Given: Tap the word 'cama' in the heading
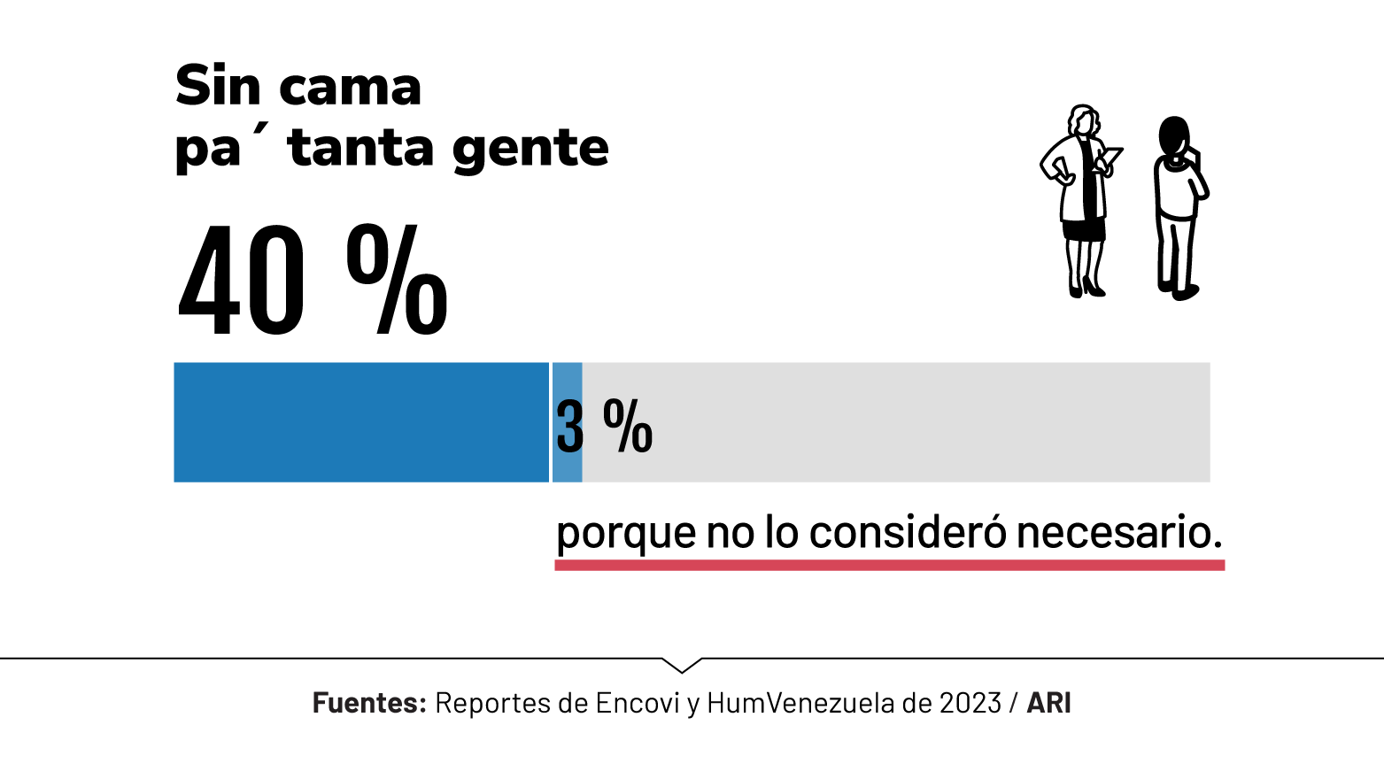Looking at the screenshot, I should (350, 89).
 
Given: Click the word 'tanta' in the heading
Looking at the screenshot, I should (361, 148).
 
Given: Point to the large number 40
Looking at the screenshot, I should (242, 282).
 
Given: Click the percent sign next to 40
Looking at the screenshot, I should (397, 280).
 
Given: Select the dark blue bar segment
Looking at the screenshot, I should (361, 422).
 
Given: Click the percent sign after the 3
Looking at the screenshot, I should (628, 426).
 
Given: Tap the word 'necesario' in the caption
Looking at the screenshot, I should (1118, 531).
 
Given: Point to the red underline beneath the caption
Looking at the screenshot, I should (889, 565).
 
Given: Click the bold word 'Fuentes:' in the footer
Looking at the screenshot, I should (369, 703).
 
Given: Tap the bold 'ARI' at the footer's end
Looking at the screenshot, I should (1049, 703).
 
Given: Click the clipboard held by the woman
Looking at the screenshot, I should (1110, 158).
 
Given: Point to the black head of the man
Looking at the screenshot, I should (1173, 136).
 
